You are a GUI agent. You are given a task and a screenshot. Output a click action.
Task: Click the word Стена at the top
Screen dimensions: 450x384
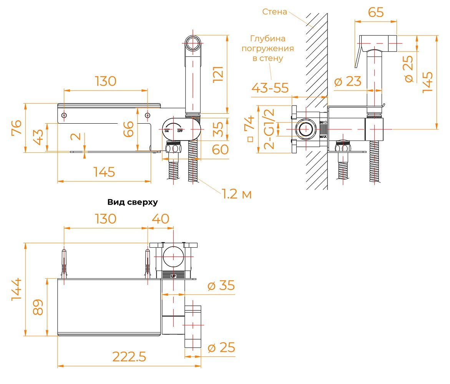coord(274,12)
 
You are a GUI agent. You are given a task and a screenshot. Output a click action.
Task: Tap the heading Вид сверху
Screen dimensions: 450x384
coord(133,202)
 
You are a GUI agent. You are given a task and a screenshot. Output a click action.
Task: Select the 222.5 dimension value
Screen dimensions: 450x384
coord(129,356)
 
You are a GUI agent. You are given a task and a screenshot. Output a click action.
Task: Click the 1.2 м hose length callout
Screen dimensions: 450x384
coord(237,194)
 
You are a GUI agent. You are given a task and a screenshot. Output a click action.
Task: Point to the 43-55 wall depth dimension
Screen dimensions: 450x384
coord(270,88)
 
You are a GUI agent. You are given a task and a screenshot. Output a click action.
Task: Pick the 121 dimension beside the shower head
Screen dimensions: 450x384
coord(218,74)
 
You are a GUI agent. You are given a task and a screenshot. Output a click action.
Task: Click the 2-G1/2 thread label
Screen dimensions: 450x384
coord(269,129)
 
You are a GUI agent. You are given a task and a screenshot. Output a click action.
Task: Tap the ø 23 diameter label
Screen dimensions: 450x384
coord(348,81)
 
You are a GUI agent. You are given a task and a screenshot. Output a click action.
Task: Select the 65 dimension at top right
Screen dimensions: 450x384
coord(376,12)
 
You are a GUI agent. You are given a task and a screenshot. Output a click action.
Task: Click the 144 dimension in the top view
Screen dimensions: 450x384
coord(17,289)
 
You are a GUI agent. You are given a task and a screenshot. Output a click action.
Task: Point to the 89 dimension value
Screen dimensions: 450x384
coord(38,307)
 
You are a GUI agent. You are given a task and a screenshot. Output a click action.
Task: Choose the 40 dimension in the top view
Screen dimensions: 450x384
coord(160,219)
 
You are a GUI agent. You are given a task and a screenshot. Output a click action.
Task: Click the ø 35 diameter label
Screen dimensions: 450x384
coord(221,285)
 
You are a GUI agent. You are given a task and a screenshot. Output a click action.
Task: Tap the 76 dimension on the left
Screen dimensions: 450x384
coord(17,127)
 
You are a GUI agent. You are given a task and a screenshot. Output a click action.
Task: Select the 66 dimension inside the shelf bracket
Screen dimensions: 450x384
coord(128,129)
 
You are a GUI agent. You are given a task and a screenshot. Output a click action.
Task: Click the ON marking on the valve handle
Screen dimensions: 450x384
coord(167,131)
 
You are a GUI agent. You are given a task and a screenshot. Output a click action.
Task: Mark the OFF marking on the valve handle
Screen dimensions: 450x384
coord(180,131)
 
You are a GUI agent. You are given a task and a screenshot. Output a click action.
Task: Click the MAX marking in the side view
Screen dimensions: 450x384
coord(323,136)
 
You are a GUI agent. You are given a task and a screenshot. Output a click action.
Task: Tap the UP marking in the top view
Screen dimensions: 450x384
coord(173,276)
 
